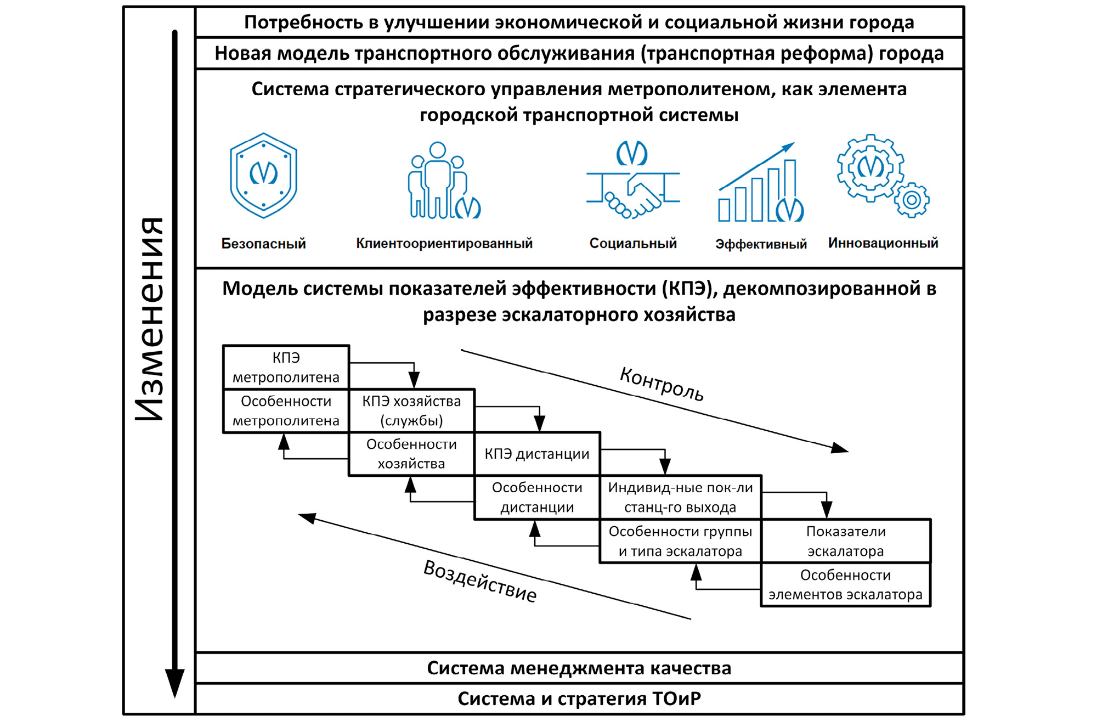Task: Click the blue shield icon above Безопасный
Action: (x=263, y=176)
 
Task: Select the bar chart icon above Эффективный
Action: (x=760, y=184)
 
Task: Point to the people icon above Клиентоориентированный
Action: (x=444, y=181)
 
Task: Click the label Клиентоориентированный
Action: (x=444, y=243)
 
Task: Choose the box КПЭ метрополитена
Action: (x=286, y=367)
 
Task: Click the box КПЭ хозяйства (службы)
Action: (x=411, y=410)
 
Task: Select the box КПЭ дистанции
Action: (x=537, y=454)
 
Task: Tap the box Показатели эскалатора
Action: (x=845, y=541)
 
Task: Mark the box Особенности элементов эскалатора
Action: (x=845, y=585)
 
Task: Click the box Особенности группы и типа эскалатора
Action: (x=680, y=541)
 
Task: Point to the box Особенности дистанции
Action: (x=537, y=497)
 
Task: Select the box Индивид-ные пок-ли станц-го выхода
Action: (x=680, y=497)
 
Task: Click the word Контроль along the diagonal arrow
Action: (x=662, y=384)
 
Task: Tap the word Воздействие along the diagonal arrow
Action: (x=480, y=582)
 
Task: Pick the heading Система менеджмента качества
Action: (x=579, y=668)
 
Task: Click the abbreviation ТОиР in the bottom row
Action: (x=676, y=699)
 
